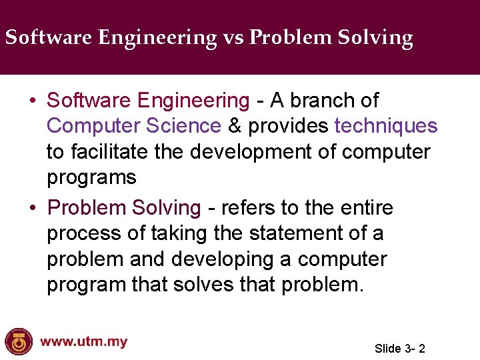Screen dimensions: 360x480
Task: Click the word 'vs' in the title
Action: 233,37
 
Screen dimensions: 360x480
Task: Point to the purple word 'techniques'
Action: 386,126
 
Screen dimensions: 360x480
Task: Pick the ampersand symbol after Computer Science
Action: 235,126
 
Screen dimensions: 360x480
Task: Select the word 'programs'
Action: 91,178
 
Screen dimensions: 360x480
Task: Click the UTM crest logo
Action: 18,341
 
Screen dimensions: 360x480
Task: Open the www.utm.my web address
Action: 83,342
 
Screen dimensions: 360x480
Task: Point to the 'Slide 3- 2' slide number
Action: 400,348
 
